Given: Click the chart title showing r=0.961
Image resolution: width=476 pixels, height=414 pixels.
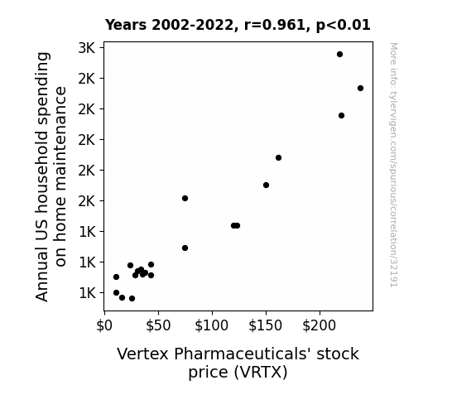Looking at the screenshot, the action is [238, 25].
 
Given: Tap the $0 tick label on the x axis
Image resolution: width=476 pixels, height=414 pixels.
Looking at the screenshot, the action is [104, 325].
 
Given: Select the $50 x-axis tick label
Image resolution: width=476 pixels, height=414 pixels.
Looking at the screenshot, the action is [158, 325].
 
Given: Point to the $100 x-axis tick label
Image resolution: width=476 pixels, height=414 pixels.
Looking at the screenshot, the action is [212, 325].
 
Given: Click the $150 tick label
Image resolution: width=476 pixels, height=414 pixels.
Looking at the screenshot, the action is [266, 325].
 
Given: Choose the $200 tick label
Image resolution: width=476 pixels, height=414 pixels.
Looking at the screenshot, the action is [320, 325].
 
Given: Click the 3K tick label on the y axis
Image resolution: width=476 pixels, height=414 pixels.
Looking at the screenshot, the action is [87, 48].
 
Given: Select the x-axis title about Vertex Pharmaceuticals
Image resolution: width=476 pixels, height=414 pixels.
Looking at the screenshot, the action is [238, 363].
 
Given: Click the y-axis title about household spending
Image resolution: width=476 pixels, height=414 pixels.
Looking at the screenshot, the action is [50, 176].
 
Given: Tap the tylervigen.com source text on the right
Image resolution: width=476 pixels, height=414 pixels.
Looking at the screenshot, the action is [394, 165].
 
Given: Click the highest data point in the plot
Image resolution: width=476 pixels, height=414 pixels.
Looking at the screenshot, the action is [339, 55].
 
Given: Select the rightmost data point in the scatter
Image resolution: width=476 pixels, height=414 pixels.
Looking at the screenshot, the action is [360, 88].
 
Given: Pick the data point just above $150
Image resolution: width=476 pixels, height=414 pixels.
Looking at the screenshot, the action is [266, 185].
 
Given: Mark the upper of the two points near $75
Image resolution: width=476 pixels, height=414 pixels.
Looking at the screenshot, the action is [185, 199].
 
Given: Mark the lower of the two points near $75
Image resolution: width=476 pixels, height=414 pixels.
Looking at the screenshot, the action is [185, 248].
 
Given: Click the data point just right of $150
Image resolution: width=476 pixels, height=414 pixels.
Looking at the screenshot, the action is [278, 157].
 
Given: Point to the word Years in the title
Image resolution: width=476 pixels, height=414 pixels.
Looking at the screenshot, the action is [126, 25].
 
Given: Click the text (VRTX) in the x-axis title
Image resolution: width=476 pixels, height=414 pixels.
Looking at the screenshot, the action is [260, 372].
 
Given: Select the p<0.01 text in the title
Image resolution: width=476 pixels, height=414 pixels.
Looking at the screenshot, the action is [344, 25].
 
